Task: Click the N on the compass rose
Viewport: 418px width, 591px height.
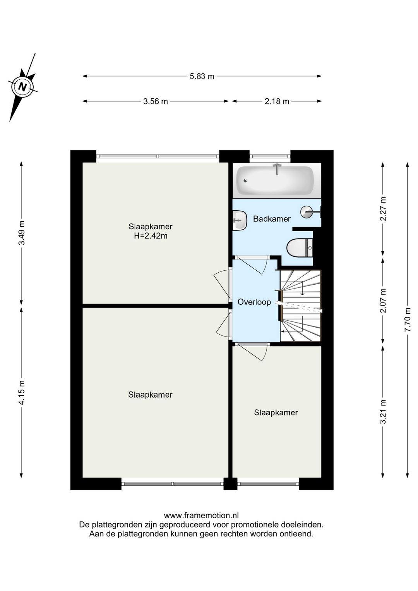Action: [23, 86]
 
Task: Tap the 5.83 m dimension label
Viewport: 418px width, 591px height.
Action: [202, 77]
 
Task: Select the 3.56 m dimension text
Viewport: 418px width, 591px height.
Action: [155, 101]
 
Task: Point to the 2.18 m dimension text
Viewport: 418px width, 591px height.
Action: [277, 101]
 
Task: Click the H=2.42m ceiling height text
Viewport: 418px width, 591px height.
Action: [151, 235]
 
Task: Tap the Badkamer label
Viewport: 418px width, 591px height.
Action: [272, 219]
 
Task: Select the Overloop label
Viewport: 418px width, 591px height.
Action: [254, 302]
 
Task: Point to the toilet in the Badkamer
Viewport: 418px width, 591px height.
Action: [299, 248]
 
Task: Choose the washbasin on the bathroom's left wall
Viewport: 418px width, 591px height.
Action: [240, 220]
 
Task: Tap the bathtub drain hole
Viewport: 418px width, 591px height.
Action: [245, 180]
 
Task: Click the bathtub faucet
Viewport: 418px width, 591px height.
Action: [277, 168]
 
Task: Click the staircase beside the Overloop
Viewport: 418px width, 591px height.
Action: [300, 306]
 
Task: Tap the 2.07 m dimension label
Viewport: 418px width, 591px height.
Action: [383, 300]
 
